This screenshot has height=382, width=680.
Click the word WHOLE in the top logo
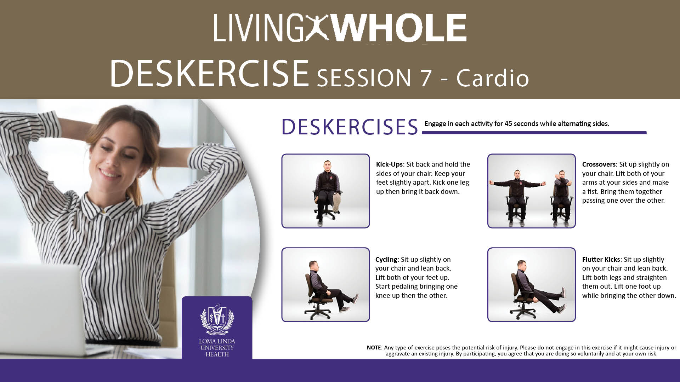point(400,28)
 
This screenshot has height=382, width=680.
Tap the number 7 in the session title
point(426,78)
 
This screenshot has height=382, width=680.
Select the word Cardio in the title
point(493,77)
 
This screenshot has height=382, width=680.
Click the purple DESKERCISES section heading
point(350,127)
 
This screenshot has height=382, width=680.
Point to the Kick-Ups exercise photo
point(325,191)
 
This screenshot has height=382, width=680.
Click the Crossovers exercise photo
point(531,191)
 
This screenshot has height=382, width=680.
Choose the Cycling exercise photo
point(325,285)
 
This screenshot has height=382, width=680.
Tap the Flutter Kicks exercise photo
point(531,285)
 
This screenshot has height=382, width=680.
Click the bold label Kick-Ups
point(389,164)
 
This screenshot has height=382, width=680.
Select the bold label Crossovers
point(599,164)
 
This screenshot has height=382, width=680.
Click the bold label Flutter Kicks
point(601,260)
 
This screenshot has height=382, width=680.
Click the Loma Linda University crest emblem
point(217,319)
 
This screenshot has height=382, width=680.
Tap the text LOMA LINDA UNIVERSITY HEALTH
point(217,348)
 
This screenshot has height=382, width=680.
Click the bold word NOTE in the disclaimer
point(374,348)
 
